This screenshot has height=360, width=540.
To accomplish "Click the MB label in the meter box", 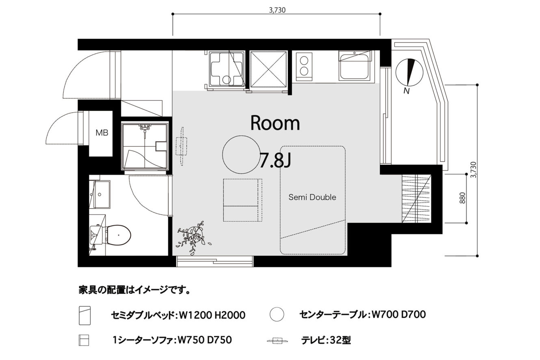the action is point(102,133).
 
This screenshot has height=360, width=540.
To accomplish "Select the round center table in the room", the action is point(241,155).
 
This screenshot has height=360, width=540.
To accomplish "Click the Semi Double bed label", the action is point(312,197).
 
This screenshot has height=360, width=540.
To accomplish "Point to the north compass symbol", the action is point(409,73).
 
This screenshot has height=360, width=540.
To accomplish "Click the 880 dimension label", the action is point(462,198).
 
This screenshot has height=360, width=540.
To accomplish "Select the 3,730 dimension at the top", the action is point(277,10).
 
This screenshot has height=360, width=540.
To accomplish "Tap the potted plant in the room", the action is point(193,237).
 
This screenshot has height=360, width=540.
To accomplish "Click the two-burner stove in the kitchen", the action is point(304,67).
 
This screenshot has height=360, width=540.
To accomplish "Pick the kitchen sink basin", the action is point(354,65).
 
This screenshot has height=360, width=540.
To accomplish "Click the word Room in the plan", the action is point(275,123).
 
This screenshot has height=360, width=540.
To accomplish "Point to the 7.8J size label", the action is point(275,160).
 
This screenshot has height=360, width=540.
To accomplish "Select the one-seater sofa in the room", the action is point(242,200).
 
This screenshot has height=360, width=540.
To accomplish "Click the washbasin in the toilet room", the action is point(102,194).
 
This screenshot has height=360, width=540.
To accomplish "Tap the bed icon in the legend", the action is point(84,315).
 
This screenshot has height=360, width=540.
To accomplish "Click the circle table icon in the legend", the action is point(277,314).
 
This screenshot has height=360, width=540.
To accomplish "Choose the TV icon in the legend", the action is point(278,341).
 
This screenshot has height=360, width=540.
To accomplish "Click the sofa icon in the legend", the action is point(84,340).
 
